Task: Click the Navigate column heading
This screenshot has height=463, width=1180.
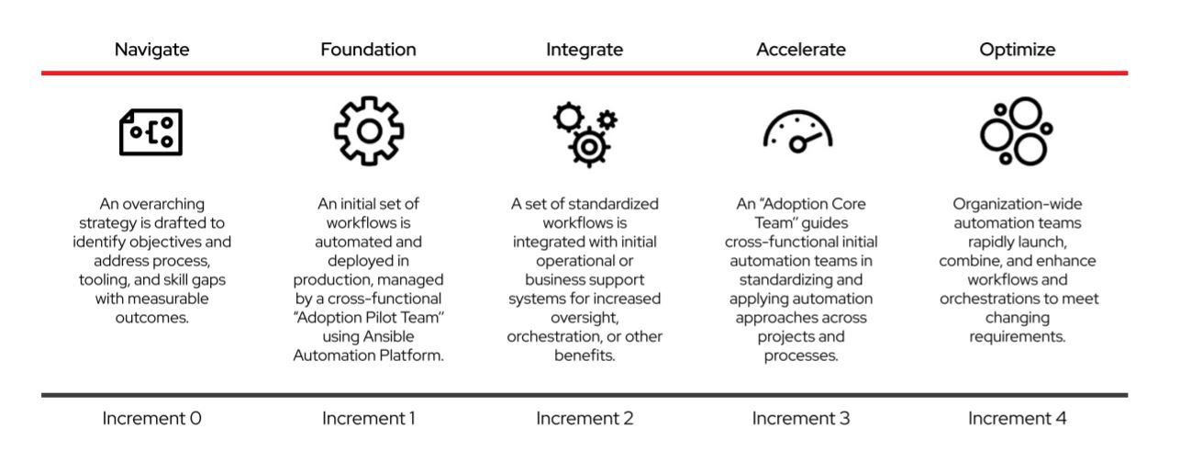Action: point(152,51)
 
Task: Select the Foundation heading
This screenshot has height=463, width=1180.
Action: point(369,51)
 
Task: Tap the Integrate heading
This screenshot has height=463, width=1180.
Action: point(584,51)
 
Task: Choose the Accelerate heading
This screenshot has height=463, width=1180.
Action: point(800,51)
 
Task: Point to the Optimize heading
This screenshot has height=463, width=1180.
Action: point(1017,51)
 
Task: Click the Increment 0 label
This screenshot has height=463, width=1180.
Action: point(152,419)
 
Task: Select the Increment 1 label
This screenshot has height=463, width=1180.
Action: point(369,419)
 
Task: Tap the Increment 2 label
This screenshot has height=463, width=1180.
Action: point(584,419)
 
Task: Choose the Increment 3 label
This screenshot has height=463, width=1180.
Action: point(800,419)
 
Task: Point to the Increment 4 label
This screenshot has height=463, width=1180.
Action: point(1017,419)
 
